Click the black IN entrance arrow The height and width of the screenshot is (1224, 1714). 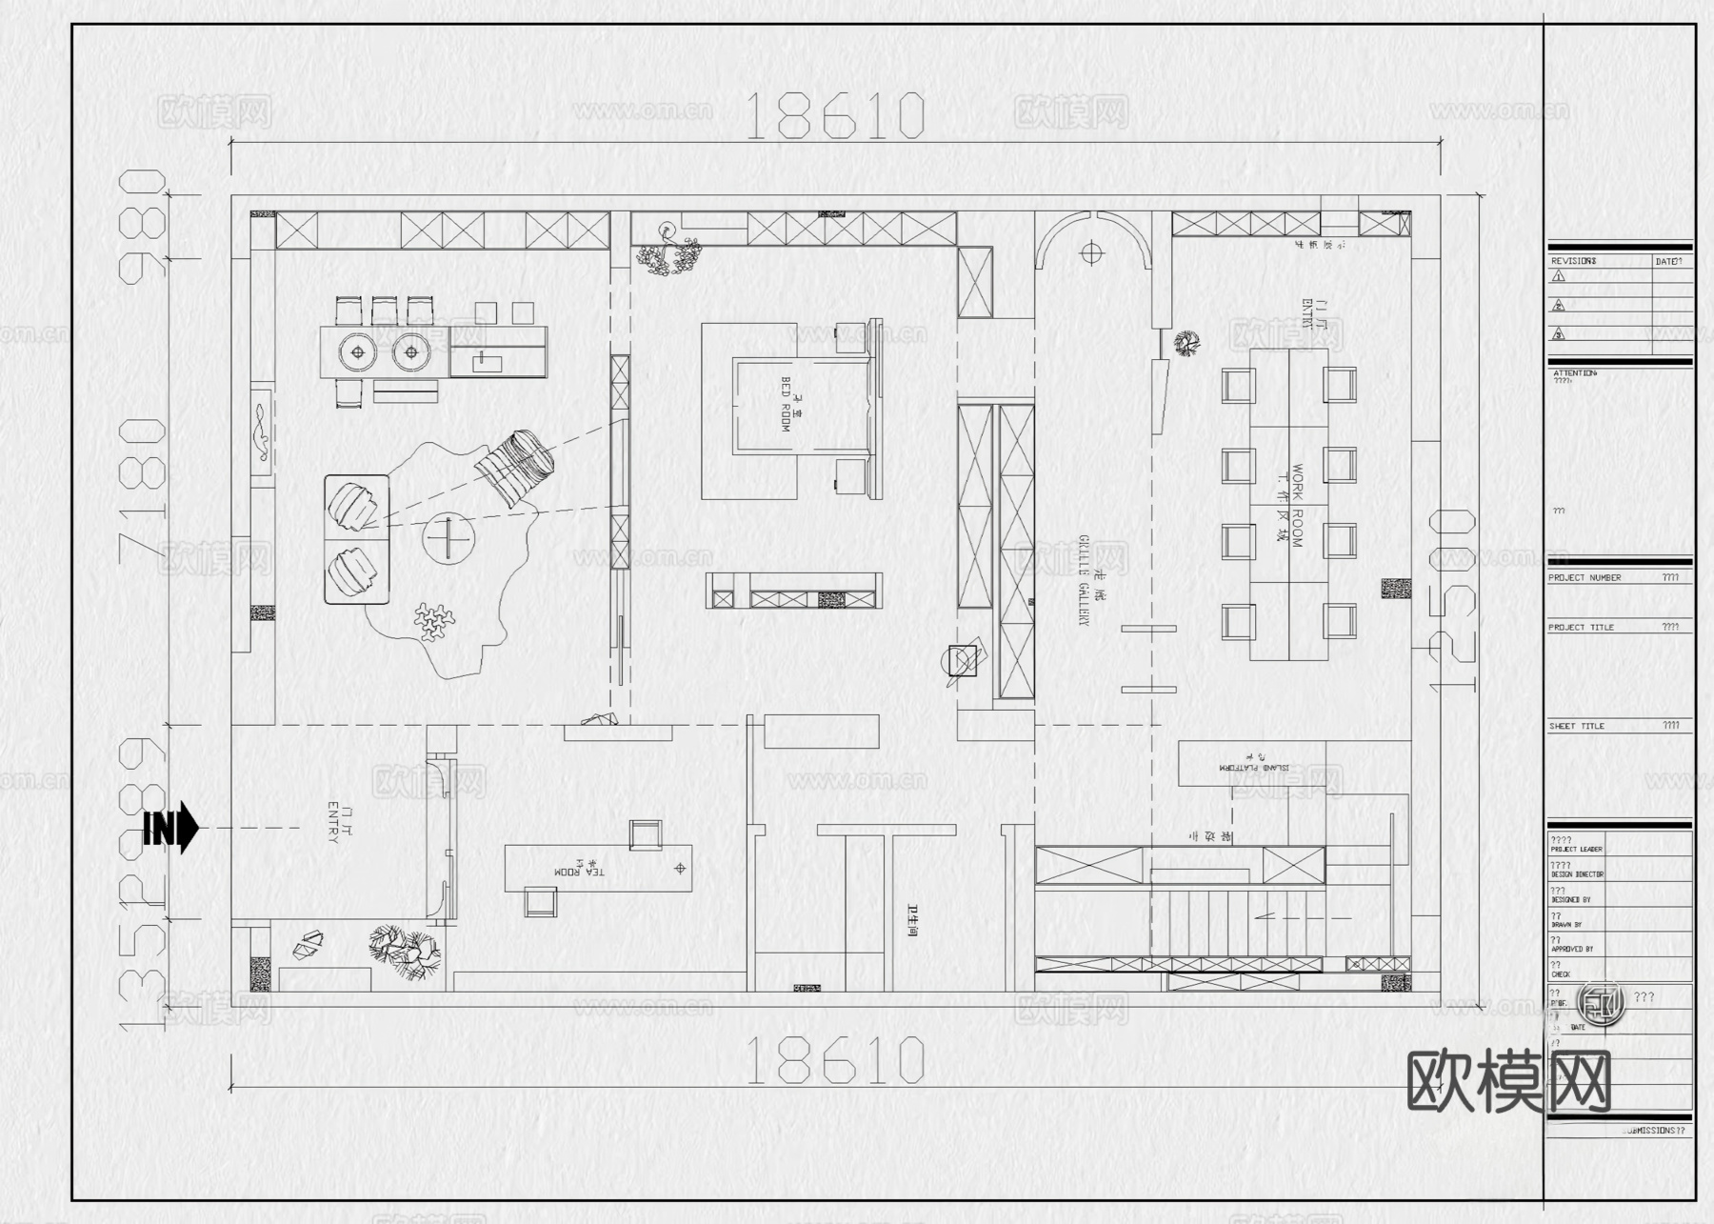click(x=171, y=829)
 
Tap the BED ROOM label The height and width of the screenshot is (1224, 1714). click(x=786, y=405)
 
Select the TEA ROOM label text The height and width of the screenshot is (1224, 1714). click(x=579, y=872)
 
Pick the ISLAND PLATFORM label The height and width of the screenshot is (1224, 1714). click(x=1254, y=766)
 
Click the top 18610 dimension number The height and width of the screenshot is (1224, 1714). click(x=834, y=116)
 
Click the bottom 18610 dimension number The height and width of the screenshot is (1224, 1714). click(x=834, y=1060)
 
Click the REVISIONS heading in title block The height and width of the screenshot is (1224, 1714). click(x=1573, y=261)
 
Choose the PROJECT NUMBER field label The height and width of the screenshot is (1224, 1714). click(x=1584, y=578)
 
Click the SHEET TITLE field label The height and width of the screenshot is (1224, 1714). click(x=1576, y=727)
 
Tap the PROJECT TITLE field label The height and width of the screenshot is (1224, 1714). click(x=1581, y=628)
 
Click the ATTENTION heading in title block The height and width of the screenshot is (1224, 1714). click(x=1575, y=373)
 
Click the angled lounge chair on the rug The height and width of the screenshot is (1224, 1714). click(x=514, y=467)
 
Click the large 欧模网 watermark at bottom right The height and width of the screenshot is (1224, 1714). click(x=1508, y=1082)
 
